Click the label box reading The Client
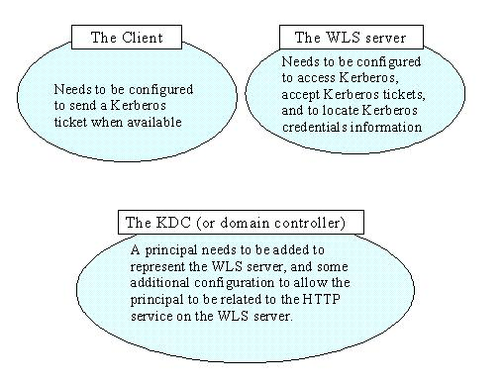126,39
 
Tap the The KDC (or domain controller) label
241,221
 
